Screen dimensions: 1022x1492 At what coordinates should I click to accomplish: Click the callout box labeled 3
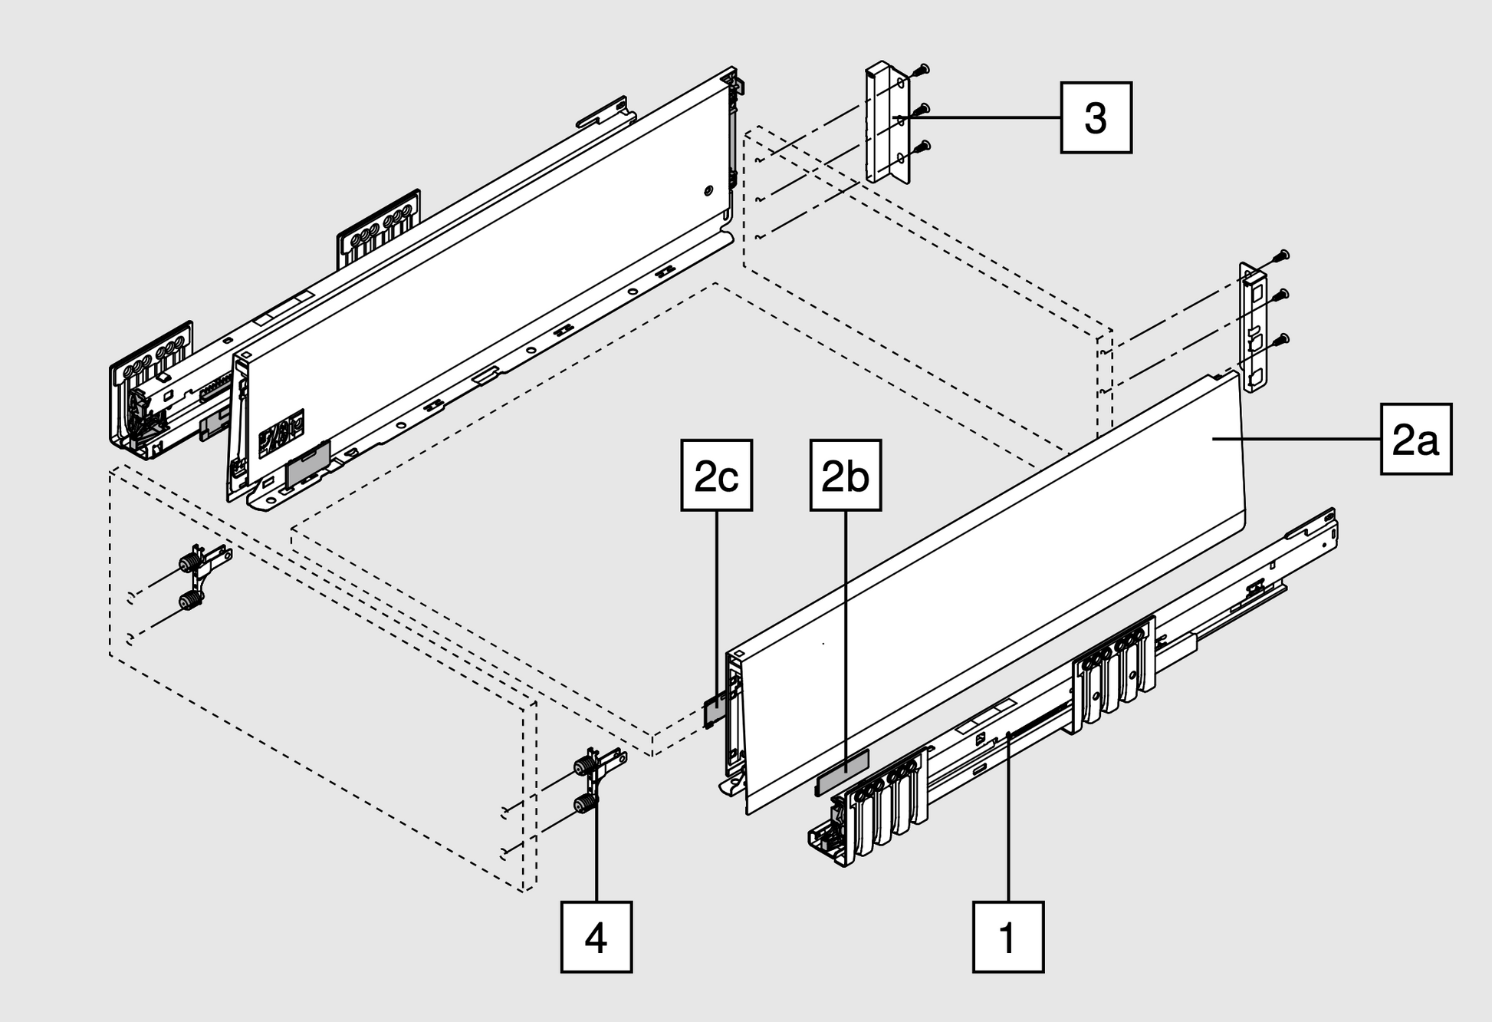pyautogui.click(x=1096, y=117)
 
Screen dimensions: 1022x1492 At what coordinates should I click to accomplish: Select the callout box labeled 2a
pyautogui.click(x=1415, y=439)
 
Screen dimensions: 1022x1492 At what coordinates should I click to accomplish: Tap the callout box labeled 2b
pyautogui.click(x=845, y=475)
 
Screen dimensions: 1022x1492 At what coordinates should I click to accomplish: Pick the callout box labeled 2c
pyautogui.click(x=716, y=475)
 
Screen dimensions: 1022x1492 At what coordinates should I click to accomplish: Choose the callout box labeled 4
pyautogui.click(x=596, y=937)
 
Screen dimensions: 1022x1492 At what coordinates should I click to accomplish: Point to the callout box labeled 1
pyautogui.click(x=1007, y=937)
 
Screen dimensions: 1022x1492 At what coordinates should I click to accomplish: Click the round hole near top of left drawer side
pyautogui.click(x=708, y=190)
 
